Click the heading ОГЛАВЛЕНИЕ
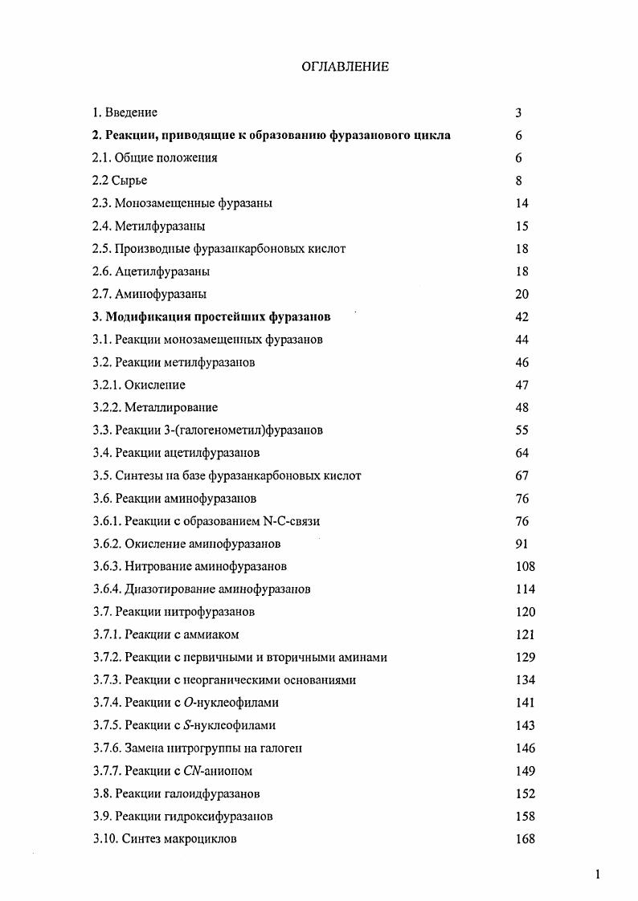tap(345, 67)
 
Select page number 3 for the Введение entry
tap(518, 113)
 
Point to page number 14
tap(521, 203)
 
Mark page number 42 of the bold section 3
tap(521, 317)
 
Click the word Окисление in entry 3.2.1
tap(154, 385)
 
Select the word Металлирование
tap(170, 408)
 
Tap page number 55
tap(521, 430)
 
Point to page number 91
tap(521, 544)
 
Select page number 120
tap(525, 612)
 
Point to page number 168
tap(525, 839)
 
